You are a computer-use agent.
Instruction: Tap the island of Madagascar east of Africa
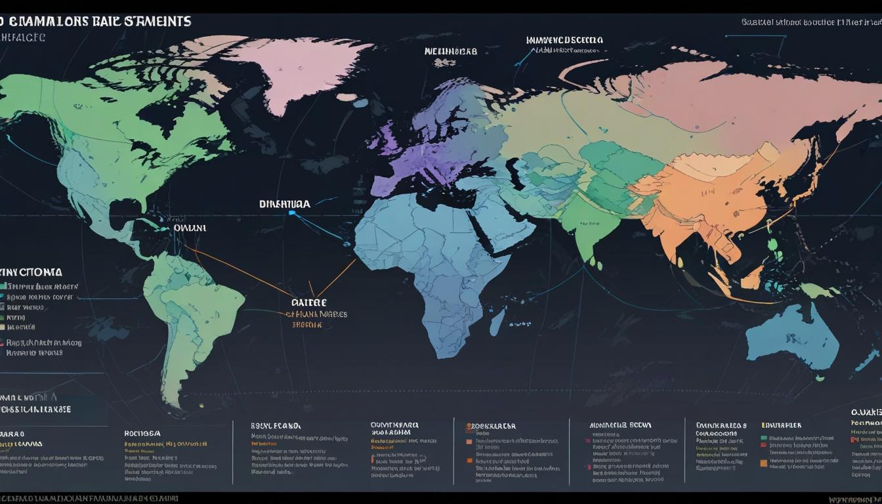497,322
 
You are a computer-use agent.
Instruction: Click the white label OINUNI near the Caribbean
190,228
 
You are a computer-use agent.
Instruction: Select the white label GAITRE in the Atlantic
308,303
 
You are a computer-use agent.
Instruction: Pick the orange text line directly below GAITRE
316,314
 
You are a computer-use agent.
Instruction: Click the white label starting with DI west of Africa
285,205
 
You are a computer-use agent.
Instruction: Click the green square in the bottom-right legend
764,437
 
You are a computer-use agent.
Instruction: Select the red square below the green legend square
764,446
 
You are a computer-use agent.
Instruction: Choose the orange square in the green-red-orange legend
764,462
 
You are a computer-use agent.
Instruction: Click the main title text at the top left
98,21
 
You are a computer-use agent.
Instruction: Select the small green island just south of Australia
820,378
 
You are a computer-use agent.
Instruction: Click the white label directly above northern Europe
450,51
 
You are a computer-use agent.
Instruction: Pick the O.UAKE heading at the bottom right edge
866,412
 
